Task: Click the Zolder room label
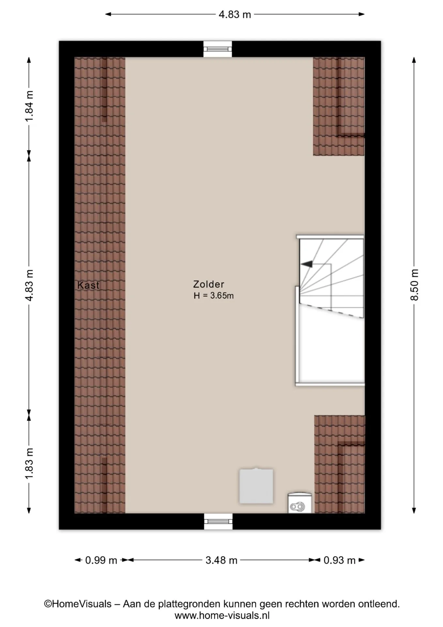[x=208, y=284]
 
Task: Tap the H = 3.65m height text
[x=214, y=296]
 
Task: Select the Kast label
[x=88, y=285]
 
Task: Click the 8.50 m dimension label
[x=414, y=285]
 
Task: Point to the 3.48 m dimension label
[x=221, y=560]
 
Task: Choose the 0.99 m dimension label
[x=101, y=560]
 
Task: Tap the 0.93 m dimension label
[x=339, y=560]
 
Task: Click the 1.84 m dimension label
[x=29, y=106]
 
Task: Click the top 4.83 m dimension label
[x=235, y=14]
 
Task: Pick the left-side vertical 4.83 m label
[x=29, y=285]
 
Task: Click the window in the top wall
[x=218, y=49]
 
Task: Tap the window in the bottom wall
[x=218, y=521]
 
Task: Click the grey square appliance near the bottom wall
[x=256, y=486]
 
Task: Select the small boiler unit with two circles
[x=299, y=503]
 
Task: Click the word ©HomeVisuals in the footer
[x=78, y=604]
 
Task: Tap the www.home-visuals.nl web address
[x=222, y=616]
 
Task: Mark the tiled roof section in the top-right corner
[x=339, y=106]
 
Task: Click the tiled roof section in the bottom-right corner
[x=340, y=464]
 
